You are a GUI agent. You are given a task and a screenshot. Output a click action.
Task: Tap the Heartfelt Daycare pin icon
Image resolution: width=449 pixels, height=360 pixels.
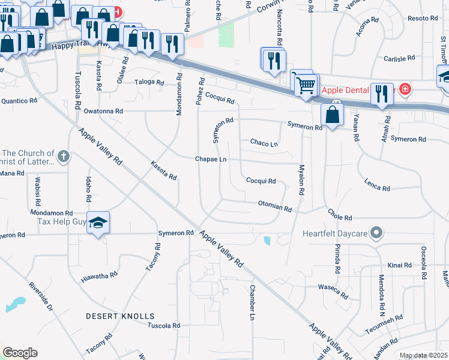[x=376, y=232]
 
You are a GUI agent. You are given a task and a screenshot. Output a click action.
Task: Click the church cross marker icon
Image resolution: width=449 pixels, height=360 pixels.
[x=64, y=157]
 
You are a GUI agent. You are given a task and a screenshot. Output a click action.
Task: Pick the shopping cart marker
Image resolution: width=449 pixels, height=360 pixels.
[x=306, y=86]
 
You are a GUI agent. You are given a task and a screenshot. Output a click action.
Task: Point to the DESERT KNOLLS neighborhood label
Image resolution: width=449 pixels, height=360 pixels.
[x=120, y=316]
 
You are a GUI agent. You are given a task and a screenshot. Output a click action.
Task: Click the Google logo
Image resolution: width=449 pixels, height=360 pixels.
[x=20, y=353]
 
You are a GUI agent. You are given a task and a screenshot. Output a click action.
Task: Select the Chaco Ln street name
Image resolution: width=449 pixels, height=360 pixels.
[x=265, y=143]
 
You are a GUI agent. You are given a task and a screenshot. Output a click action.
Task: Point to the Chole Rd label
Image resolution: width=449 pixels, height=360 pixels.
[x=340, y=214]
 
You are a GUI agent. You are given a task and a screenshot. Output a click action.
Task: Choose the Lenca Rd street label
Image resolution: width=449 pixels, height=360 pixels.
[x=377, y=185]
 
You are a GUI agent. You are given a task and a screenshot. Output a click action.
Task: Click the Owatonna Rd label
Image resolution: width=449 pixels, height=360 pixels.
[x=103, y=111]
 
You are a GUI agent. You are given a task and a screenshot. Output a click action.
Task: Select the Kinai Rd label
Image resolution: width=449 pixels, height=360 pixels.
[x=400, y=265]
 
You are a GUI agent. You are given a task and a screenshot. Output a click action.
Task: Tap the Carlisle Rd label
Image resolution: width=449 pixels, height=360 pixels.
[x=400, y=59]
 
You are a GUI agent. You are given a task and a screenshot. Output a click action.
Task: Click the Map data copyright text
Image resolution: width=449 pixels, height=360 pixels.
[x=424, y=356]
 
